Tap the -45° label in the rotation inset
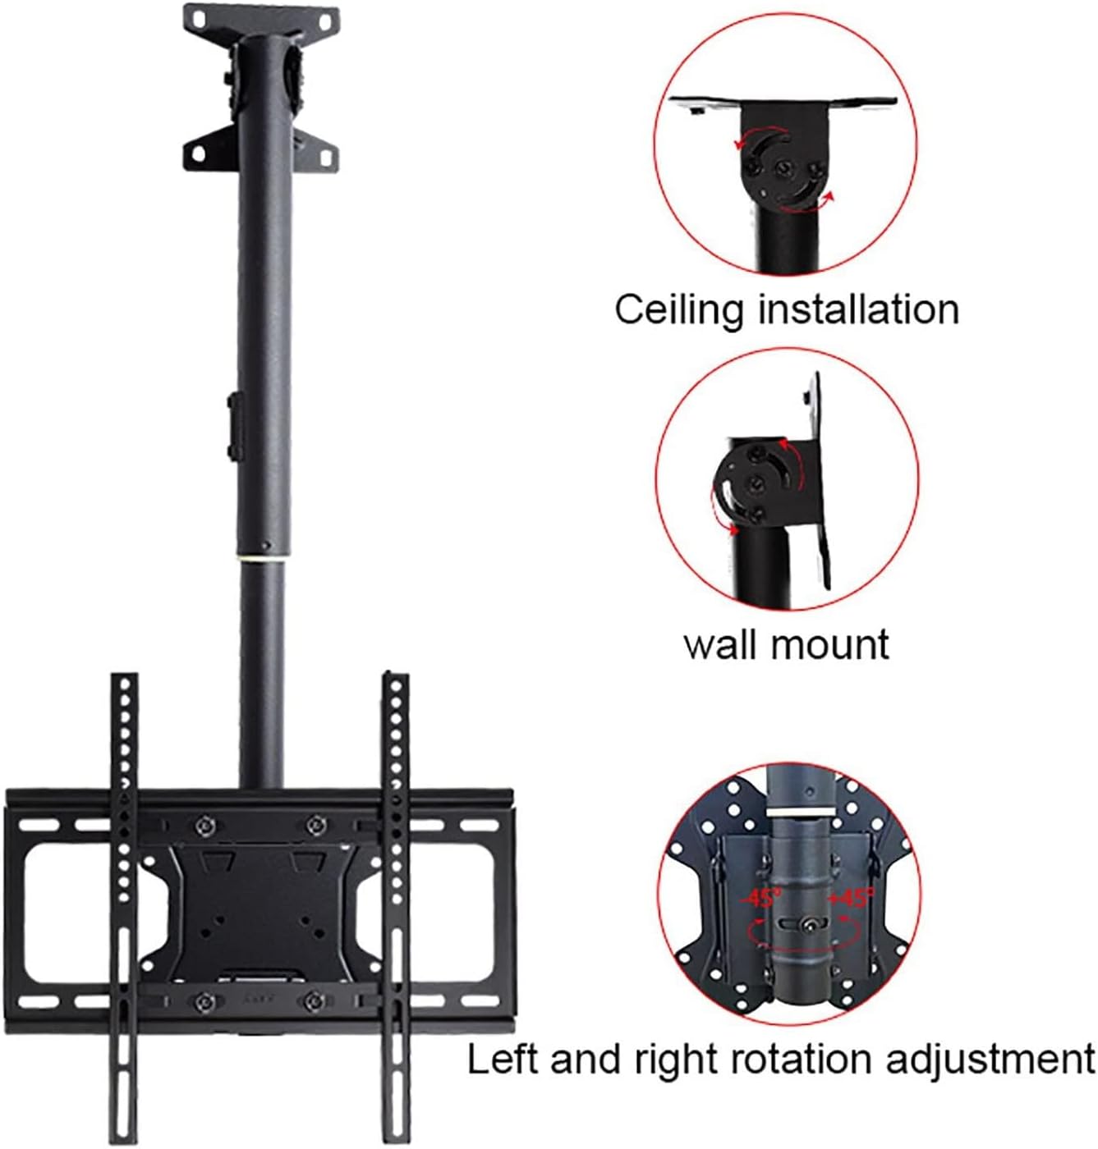coord(760,896)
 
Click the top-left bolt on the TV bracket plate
coord(204,824)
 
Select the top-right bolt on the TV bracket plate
coord(313,824)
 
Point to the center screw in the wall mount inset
coord(753,480)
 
